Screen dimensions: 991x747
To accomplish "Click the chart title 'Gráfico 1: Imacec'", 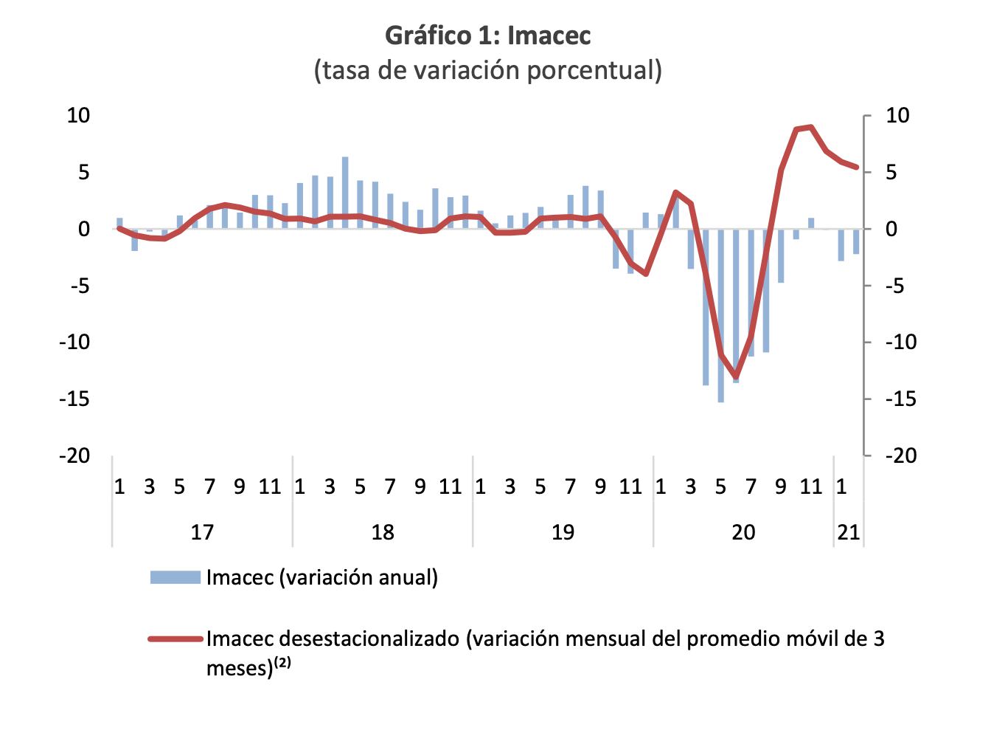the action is click(487, 35).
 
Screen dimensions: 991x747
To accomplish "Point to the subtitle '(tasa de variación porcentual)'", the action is click(487, 71).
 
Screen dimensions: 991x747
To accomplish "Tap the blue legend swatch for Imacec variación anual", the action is click(175, 577).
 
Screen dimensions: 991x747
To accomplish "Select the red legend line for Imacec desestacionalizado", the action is click(175, 638).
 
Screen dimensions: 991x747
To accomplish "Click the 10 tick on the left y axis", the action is click(79, 116).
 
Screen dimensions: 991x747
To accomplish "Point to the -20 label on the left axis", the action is click(74, 455).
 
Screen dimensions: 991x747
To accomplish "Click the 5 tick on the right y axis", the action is click(891, 173).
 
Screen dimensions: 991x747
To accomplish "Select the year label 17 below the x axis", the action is click(202, 532).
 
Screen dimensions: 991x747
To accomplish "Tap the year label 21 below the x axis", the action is click(849, 532).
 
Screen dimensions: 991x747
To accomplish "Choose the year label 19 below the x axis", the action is click(563, 532).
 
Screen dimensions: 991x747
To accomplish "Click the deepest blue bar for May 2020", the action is click(721, 315).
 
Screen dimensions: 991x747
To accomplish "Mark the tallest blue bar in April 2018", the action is click(345, 193).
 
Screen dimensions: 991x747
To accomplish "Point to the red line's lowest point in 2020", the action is click(736, 376).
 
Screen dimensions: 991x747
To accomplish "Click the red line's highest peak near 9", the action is click(811, 127).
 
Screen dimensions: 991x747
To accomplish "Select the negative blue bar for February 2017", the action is click(134, 240).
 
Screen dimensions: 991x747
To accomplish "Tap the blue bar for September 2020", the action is click(781, 256).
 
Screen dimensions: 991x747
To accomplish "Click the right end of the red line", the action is click(857, 168).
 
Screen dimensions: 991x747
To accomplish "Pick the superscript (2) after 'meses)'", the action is click(282, 663).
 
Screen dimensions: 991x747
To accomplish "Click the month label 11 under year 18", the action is click(450, 486).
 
